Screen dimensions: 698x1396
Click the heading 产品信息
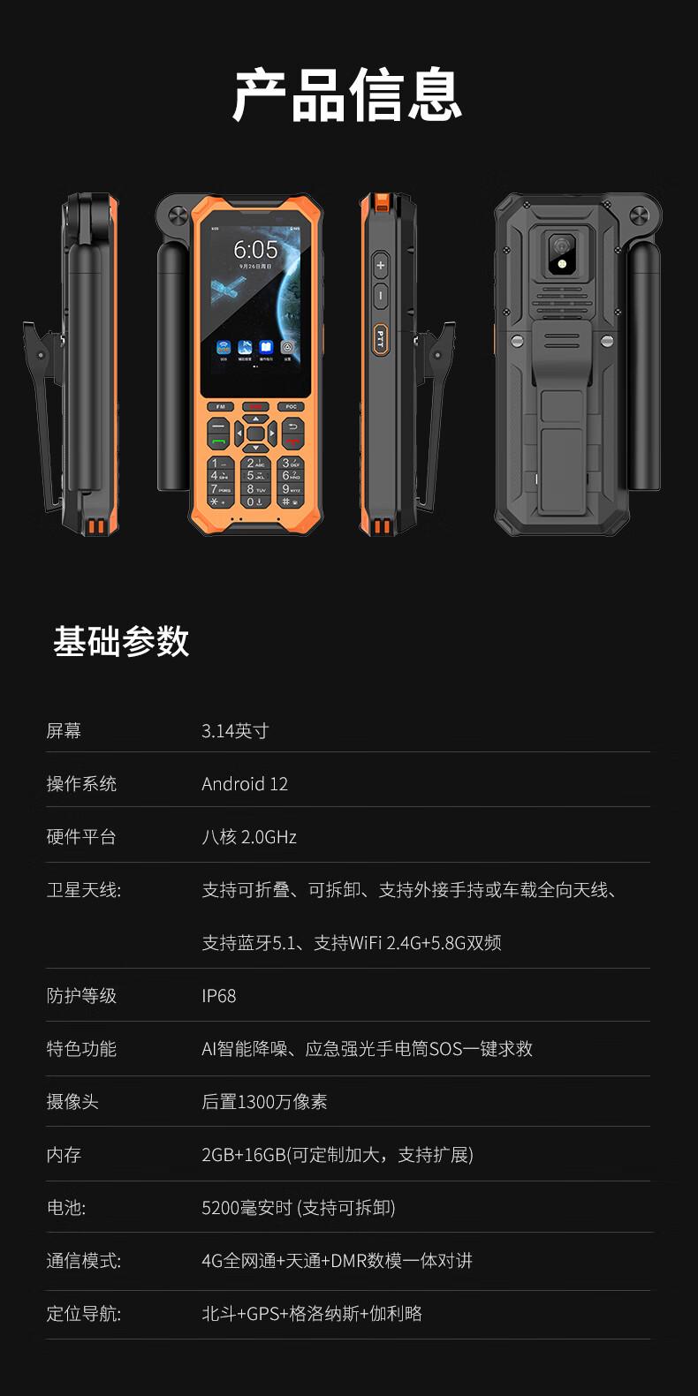347,94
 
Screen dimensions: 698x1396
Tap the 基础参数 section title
121,641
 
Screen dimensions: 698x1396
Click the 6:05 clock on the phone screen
255,250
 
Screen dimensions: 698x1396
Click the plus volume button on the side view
381,266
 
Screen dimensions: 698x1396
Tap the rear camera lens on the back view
561,245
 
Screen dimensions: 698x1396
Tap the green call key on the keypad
218,441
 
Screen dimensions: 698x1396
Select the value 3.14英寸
235,730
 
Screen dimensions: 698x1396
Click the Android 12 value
245,783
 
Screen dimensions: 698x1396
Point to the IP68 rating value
219,996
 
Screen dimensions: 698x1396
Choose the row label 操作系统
81,783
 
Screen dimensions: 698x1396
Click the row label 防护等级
81,996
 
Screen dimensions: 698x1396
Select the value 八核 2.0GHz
249,836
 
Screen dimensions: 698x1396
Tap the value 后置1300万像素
264,1102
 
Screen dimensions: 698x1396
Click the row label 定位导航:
84,1314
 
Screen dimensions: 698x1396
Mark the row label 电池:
65,1208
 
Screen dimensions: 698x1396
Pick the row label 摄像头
72,1102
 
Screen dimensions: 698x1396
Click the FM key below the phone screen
221,407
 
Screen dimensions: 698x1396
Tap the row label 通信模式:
84,1261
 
